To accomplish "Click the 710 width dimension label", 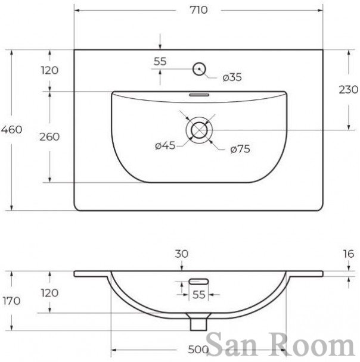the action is click(198, 10).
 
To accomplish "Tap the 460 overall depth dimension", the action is click(11, 130).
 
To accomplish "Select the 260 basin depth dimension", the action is click(49, 137).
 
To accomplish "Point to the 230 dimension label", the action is click(349, 89).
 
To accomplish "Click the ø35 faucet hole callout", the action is click(232, 77).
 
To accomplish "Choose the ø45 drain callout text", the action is click(165, 146).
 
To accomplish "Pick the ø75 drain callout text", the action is click(240, 149).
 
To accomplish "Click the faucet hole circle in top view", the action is click(199, 69).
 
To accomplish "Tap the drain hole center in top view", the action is click(199, 130).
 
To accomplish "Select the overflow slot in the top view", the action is click(199, 95).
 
